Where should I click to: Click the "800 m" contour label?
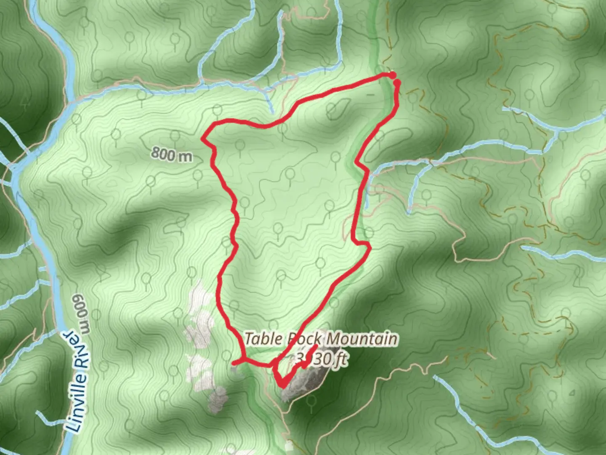pos(171,154)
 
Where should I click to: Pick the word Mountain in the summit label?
pos(362,339)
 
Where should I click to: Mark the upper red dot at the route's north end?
pos(392,75)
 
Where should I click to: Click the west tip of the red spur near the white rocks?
pos(234,362)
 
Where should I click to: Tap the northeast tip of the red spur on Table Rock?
pos(315,346)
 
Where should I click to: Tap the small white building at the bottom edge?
pos(289,446)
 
